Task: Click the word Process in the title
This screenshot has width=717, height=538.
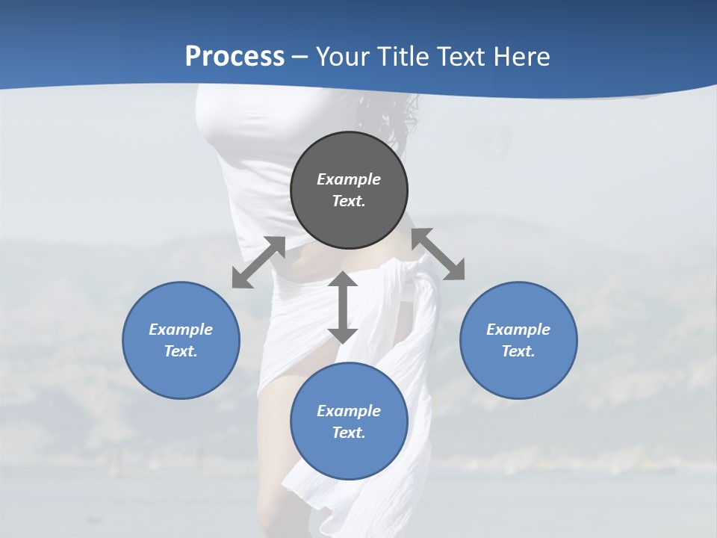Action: click(x=235, y=57)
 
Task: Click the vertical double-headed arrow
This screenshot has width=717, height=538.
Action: click(x=343, y=307)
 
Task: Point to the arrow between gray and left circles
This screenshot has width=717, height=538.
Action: click(x=258, y=262)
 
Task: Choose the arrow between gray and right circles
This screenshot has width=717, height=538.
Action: click(x=438, y=255)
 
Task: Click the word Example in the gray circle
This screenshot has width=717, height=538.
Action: click(x=349, y=179)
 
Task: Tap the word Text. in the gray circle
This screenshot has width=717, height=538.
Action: click(x=349, y=201)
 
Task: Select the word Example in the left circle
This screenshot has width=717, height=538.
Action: click(x=181, y=330)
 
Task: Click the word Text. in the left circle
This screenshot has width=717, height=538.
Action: click(x=181, y=351)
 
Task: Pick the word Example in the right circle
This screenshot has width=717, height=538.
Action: click(x=518, y=330)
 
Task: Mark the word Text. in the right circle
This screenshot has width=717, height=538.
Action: click(x=518, y=351)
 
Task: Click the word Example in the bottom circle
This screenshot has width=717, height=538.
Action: click(x=349, y=411)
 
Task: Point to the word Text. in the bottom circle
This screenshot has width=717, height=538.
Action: click(x=349, y=433)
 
